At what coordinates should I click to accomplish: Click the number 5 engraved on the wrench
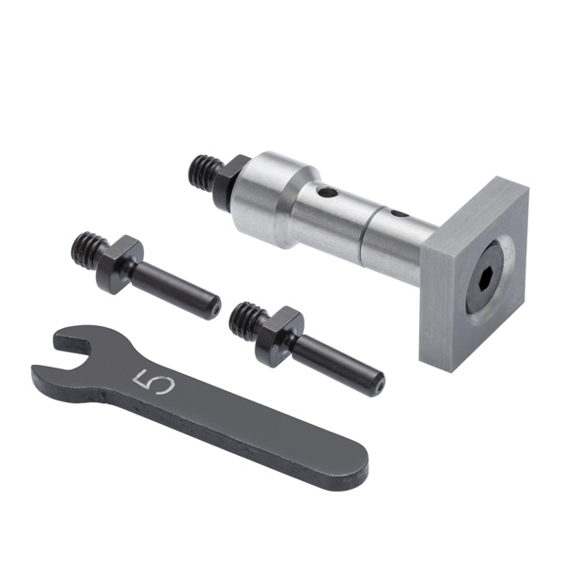153,383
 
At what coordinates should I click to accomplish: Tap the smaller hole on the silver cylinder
399,214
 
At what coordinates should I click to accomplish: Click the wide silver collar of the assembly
274,198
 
